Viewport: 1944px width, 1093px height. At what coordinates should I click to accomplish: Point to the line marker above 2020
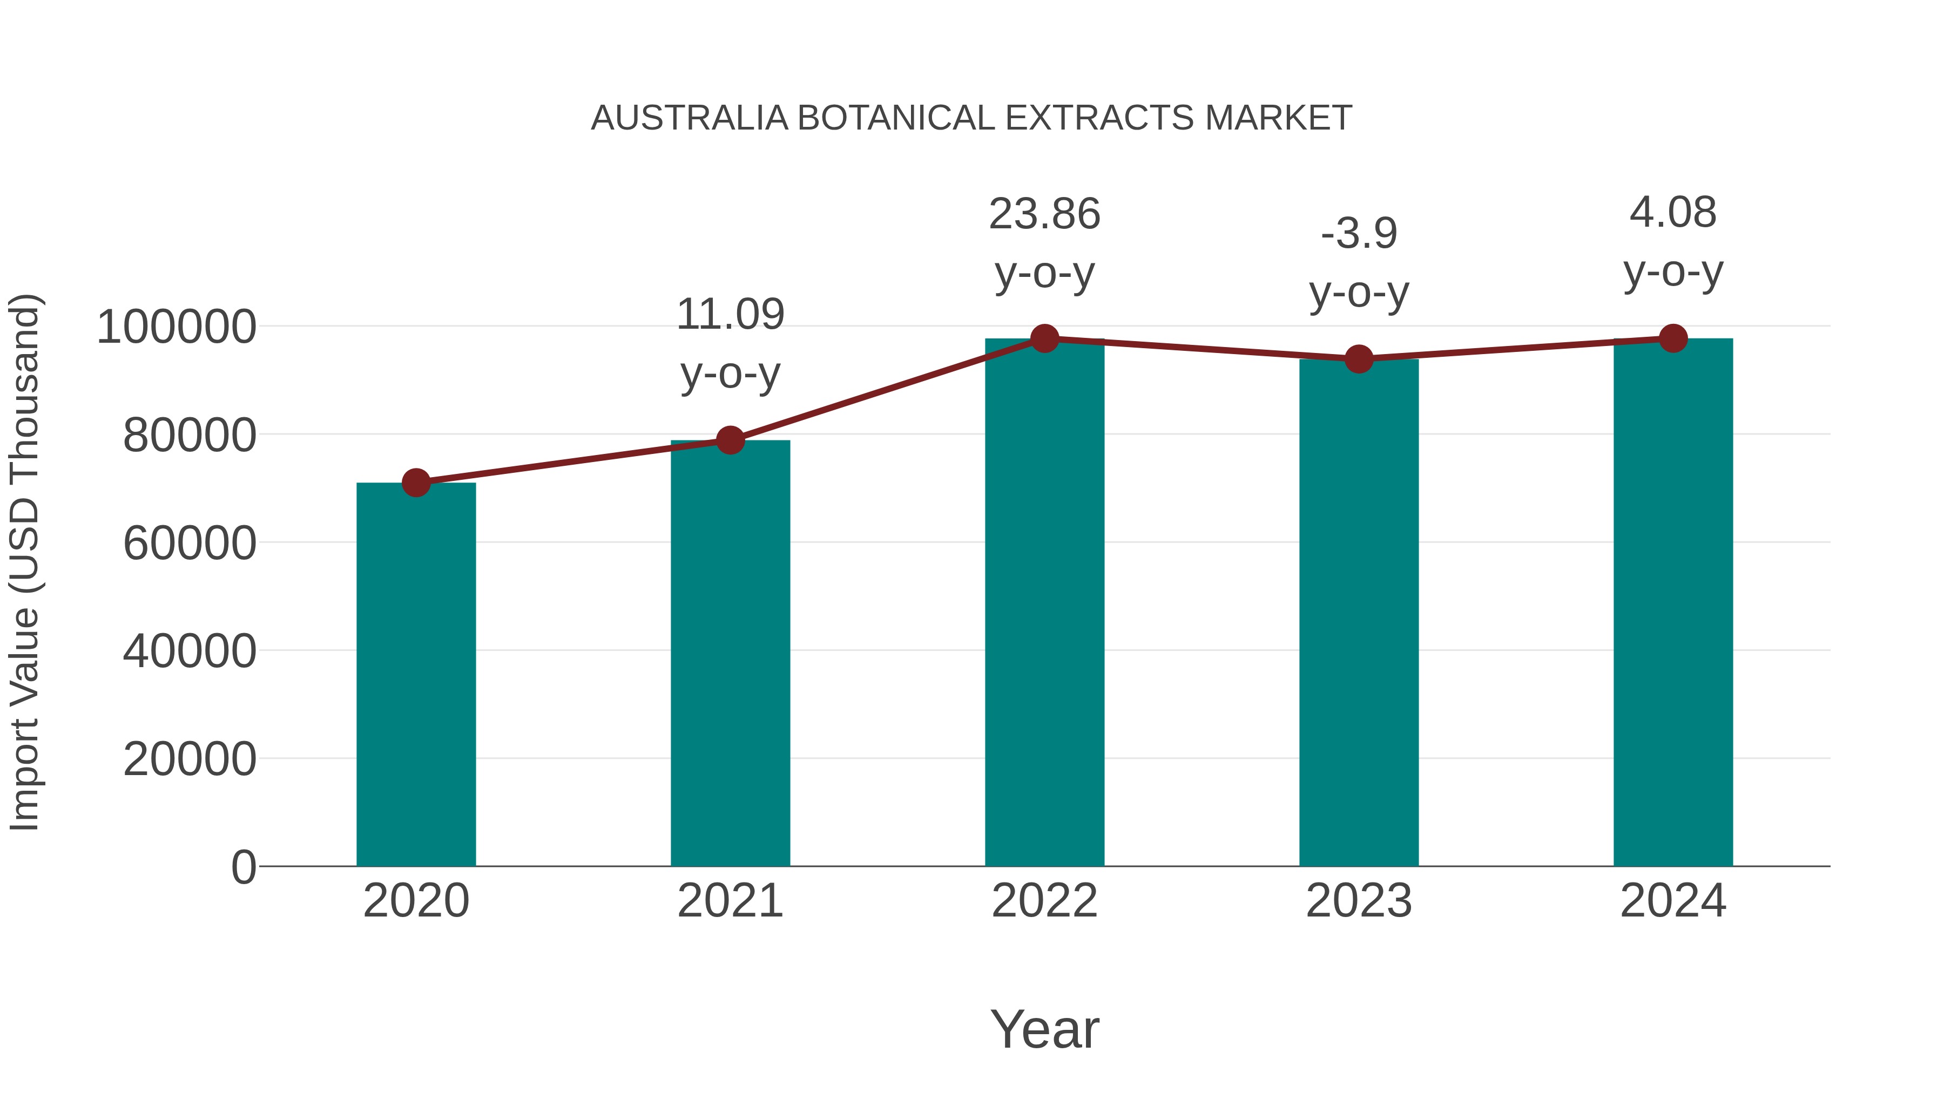416,483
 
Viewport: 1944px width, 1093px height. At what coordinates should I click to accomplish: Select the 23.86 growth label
1044,243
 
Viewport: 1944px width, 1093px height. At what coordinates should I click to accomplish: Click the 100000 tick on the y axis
177,328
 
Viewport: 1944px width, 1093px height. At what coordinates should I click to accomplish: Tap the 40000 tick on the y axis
190,651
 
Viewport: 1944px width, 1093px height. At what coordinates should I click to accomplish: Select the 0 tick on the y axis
243,867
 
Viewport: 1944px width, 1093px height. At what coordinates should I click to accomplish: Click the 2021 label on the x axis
730,901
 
